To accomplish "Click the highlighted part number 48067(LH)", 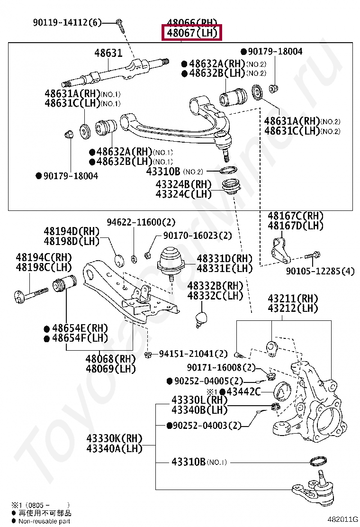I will [x=191, y=33].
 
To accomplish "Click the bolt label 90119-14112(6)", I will [x=67, y=22].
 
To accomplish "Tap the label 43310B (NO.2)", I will [x=174, y=171].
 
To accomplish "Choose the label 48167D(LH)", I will [x=296, y=226].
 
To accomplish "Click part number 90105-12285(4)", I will [x=320, y=272].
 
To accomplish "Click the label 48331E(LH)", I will [x=225, y=269].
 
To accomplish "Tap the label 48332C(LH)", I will [x=215, y=296].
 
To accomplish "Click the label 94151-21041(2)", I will [x=193, y=354].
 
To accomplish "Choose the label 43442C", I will [x=243, y=391].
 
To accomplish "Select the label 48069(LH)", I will [x=110, y=369].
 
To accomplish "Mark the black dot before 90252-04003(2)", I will [x=170, y=426].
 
